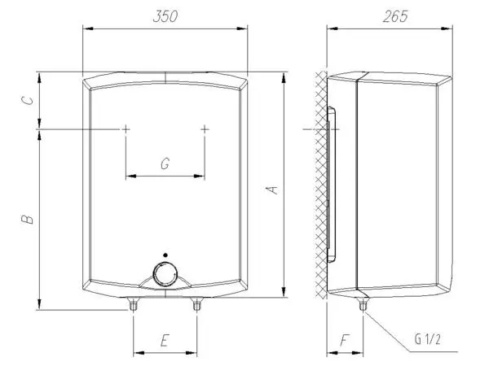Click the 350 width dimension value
(165, 16)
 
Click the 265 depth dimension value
(395, 16)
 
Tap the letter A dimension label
(273, 190)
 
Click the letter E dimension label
(165, 340)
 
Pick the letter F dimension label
(344, 340)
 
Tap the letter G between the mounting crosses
(165, 163)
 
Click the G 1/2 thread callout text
(428, 339)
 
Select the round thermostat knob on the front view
(165, 275)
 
